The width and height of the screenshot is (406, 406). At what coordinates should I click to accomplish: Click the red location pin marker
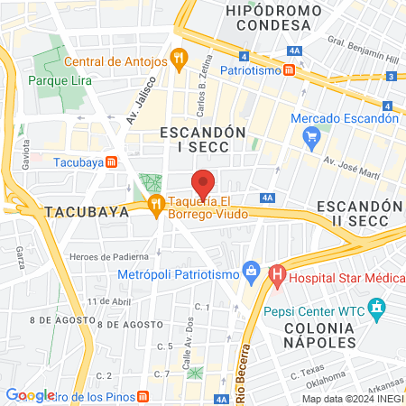pyautogui.click(x=204, y=183)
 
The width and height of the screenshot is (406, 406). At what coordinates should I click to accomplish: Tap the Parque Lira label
pyautogui.click(x=56, y=80)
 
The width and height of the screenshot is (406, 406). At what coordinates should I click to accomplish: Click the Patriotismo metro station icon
pyautogui.click(x=288, y=69)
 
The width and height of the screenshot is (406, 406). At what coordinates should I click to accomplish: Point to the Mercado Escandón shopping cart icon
pyautogui.click(x=313, y=137)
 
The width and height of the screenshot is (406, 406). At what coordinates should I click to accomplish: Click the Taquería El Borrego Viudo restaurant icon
pyautogui.click(x=157, y=203)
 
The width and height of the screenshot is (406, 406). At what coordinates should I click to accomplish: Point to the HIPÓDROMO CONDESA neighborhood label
pyautogui.click(x=273, y=18)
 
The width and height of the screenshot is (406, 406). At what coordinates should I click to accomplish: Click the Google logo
pyautogui.click(x=31, y=394)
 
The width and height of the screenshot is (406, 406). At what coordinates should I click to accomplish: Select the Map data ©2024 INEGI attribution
pyautogui.click(x=351, y=399)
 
